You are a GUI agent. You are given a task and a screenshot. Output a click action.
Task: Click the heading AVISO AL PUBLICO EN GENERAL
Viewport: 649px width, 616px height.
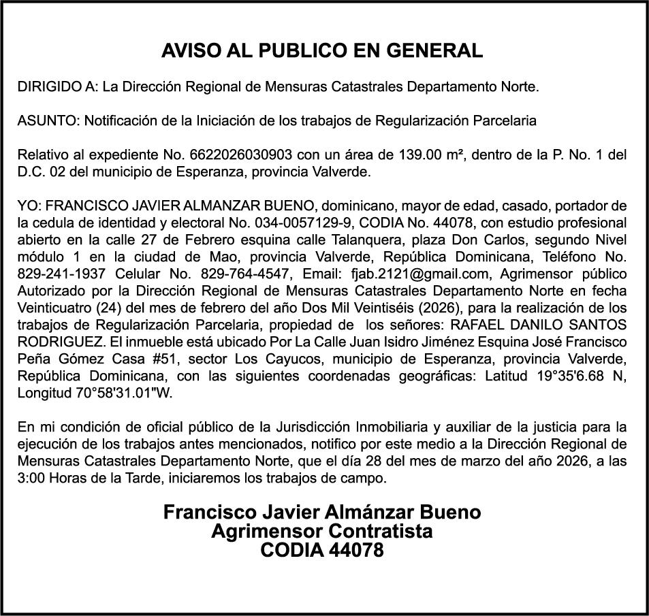(x=322, y=50)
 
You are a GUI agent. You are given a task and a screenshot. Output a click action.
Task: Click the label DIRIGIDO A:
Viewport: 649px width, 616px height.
(x=57, y=87)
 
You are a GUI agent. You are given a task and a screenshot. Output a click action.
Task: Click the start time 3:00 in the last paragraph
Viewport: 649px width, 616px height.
(x=31, y=478)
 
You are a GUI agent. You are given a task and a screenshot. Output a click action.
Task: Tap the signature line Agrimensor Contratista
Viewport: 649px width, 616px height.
(x=322, y=531)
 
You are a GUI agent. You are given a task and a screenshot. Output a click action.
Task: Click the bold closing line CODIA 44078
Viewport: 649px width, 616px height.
(x=322, y=549)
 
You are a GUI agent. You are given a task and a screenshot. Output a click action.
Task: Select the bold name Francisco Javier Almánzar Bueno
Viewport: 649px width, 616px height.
(x=322, y=513)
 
